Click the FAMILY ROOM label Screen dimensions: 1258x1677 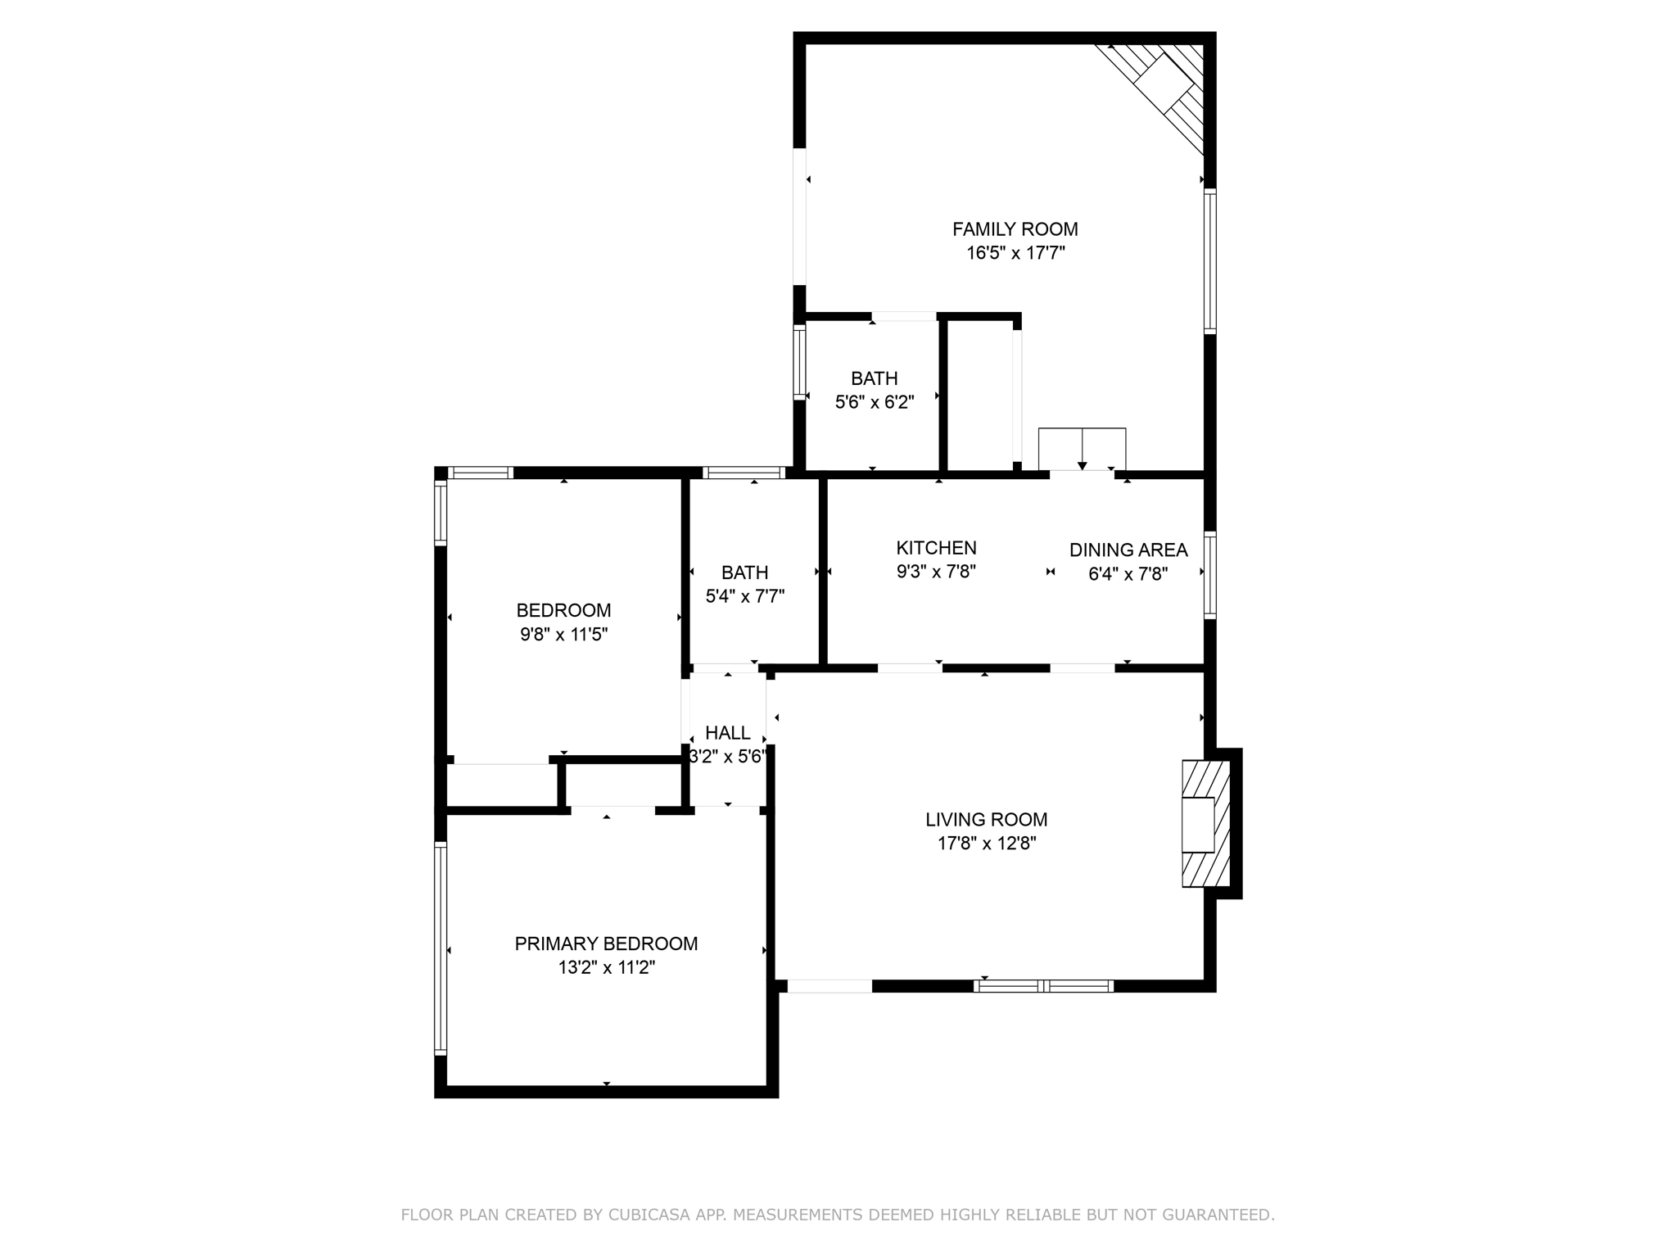[1015, 229]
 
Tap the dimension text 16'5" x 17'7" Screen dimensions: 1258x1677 [1015, 253]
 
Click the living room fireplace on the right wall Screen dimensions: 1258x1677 [1205, 823]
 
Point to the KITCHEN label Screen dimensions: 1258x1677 [936, 548]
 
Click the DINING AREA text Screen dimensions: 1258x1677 [1128, 550]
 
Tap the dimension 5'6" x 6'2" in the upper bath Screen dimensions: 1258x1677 [874, 402]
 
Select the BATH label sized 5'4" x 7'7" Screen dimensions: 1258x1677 [744, 572]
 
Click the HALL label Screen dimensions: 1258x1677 [727, 733]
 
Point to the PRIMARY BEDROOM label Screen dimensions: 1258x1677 [606, 943]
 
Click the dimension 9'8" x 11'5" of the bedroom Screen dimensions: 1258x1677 [563, 634]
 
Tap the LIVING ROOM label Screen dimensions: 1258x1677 [986, 820]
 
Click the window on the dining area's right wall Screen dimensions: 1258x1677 [1209, 574]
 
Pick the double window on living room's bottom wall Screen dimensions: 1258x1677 [1043, 986]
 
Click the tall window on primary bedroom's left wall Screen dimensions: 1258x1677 [441, 948]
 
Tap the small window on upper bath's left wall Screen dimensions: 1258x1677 [799, 363]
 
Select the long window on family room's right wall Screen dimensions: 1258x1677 [1209, 260]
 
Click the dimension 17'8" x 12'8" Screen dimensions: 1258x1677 [986, 844]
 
